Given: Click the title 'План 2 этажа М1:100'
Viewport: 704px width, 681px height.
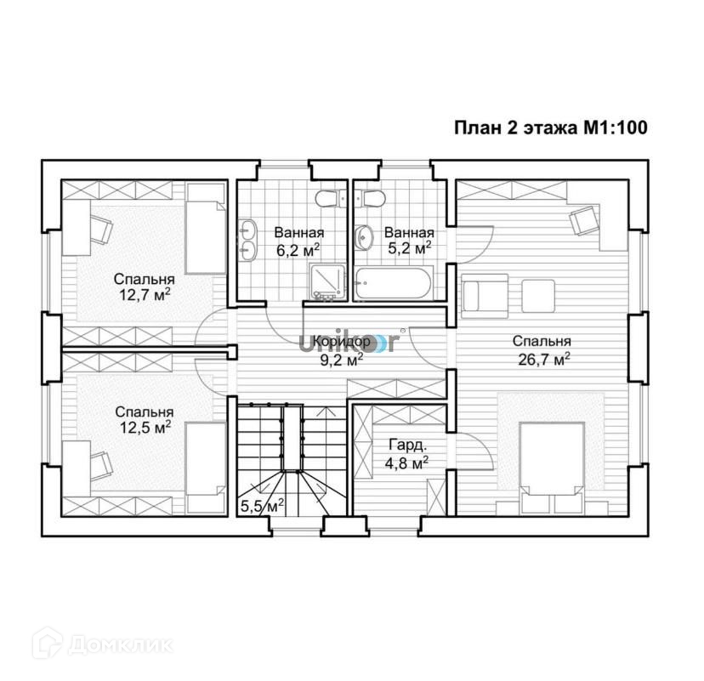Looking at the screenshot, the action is (x=551, y=128).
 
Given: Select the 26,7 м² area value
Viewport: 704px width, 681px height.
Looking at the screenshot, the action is (x=544, y=359).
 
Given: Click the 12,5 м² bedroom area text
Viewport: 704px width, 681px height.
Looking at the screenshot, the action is (x=145, y=428).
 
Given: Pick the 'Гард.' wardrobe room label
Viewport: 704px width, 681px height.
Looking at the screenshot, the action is (x=407, y=445).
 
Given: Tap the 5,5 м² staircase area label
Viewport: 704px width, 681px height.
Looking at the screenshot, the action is (x=262, y=506).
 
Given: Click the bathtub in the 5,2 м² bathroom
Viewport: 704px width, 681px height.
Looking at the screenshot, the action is (x=393, y=283).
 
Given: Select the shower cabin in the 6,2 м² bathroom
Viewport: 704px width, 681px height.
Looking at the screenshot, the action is (x=327, y=281).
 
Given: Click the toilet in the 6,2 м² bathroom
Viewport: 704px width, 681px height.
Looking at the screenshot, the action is (x=330, y=198).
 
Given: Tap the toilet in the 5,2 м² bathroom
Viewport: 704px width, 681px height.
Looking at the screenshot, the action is (x=370, y=198).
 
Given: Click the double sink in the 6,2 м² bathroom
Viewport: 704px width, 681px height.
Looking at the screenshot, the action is (x=246, y=240).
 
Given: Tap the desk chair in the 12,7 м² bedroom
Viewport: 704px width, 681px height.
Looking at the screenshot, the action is (x=101, y=229).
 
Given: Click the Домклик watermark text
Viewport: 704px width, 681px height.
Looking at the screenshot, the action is (x=121, y=645).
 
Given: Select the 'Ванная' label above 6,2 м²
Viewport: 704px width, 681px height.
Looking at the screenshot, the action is (x=299, y=233).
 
